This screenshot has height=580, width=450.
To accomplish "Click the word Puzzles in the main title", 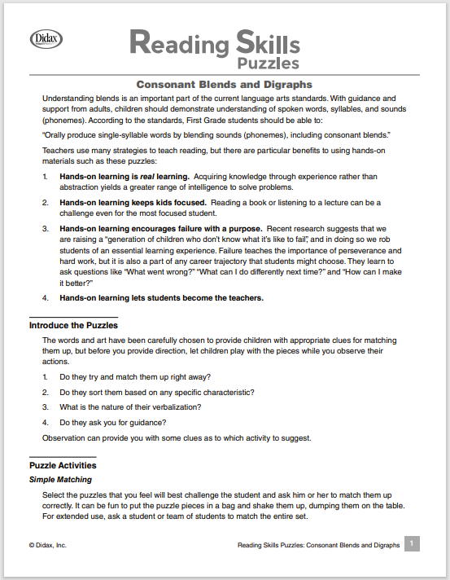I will tap(269, 62).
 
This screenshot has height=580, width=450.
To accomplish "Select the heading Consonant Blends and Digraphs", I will tap(224, 84).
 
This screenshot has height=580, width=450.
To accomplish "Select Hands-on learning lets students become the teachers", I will tap(161, 297).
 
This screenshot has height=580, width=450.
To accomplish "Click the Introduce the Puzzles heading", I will tap(74, 325).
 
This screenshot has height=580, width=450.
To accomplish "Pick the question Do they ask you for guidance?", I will tap(113, 422).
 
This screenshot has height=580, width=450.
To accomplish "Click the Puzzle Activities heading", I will tap(63, 465).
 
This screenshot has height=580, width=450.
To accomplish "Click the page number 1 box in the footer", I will tap(412, 543).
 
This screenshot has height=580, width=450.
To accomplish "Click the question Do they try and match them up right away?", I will tap(135, 376).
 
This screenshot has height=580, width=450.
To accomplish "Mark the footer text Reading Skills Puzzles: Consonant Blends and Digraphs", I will tap(316, 545).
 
